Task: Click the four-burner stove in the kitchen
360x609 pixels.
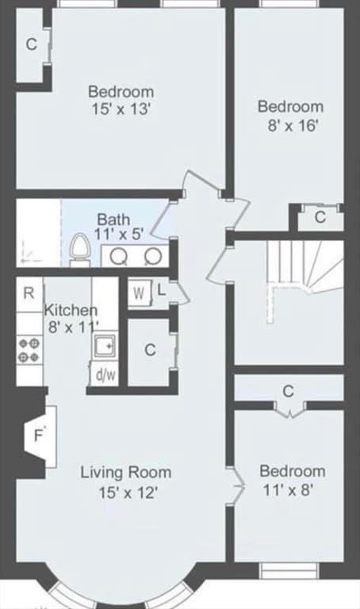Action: tap(29, 350)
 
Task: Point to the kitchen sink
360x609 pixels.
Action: tap(105, 344)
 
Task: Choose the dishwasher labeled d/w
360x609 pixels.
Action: tap(104, 374)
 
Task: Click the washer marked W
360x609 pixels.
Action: tap(137, 293)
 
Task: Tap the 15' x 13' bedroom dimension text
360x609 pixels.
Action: tap(121, 109)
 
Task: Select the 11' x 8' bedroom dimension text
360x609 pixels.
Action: tap(288, 490)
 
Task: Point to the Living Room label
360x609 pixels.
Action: tap(126, 473)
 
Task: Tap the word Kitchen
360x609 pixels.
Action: tap(71, 310)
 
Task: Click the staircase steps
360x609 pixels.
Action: tap(305, 268)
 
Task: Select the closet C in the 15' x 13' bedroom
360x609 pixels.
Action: tap(31, 44)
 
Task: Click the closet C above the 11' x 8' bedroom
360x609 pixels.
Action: tap(289, 391)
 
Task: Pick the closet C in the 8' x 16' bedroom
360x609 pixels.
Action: tap(320, 217)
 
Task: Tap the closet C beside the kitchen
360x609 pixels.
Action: tap(150, 350)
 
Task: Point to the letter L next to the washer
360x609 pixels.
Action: tap(162, 290)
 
